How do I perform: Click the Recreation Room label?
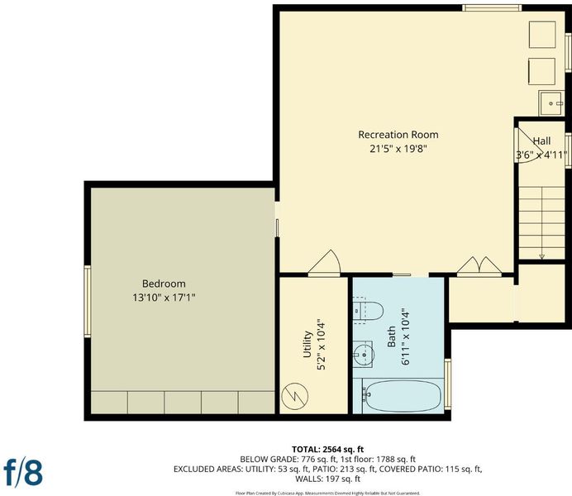click(x=398, y=135)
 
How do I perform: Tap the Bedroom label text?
click(x=164, y=284)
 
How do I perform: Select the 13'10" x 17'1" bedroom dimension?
click(x=164, y=298)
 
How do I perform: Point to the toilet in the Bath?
click(x=368, y=311)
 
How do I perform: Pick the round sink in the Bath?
click(x=364, y=354)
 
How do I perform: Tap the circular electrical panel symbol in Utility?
click(x=295, y=396)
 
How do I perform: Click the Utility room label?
click(x=307, y=344)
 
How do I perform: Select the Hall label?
click(x=541, y=141)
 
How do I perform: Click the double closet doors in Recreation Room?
click(x=479, y=265)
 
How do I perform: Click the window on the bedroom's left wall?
click(x=88, y=301)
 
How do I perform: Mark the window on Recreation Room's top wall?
click(x=492, y=8)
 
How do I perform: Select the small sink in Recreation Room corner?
click(x=551, y=103)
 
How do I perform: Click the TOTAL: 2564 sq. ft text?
click(x=327, y=450)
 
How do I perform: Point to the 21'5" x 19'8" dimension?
click(x=398, y=149)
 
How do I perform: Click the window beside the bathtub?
click(x=448, y=384)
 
